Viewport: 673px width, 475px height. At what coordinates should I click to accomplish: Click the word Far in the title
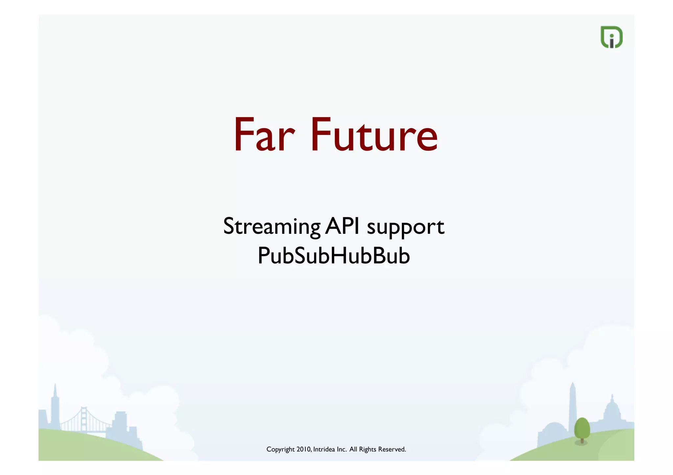[x=264, y=136]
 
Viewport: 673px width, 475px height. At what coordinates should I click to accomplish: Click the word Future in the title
[x=374, y=136]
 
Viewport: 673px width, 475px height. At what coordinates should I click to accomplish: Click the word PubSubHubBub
[x=334, y=256]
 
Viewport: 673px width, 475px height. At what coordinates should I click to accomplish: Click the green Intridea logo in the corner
[x=611, y=37]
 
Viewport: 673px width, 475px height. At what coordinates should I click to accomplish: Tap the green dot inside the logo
[x=612, y=35]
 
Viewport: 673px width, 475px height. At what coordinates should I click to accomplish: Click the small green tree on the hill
[x=582, y=428]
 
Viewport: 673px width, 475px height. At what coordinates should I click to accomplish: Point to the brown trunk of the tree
[x=582, y=441]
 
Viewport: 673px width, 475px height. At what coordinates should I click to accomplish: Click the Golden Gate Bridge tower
[x=84, y=419]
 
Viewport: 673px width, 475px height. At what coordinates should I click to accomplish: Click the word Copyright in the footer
[x=280, y=449]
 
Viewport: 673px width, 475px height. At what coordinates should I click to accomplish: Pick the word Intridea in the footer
[x=324, y=449]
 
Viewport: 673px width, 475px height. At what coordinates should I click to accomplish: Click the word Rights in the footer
[x=367, y=449]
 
